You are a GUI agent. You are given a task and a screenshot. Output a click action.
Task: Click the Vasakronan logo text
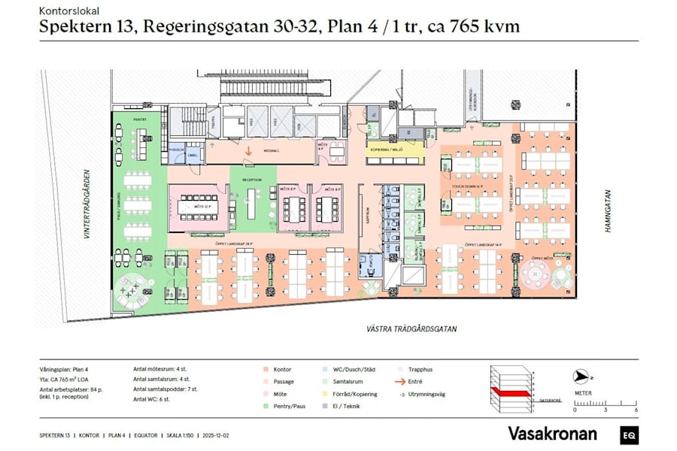pos(552,434)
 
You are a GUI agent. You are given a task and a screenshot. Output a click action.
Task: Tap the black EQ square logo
pos(629,434)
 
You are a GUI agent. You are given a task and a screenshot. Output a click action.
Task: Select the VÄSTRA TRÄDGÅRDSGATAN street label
pos(411,329)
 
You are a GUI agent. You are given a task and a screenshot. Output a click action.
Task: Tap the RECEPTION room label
pos(251,180)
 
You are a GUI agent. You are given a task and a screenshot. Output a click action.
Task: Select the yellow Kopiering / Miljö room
pos(388,150)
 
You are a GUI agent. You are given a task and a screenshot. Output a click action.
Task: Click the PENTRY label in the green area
pos(139,120)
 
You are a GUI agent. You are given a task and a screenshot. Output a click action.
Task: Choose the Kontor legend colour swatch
pos(267,370)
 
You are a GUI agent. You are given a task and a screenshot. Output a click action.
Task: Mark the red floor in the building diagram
pos(512,391)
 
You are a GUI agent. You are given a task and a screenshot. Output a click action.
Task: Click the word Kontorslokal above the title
pos(68,12)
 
